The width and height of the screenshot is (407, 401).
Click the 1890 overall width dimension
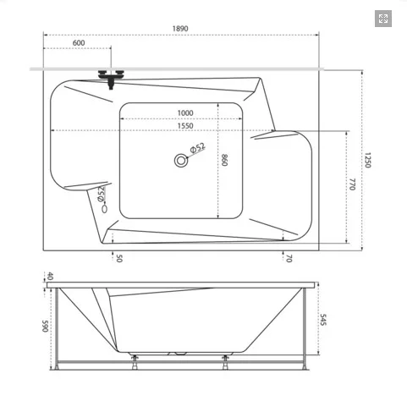click(x=180, y=29)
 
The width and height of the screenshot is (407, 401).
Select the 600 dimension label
click(x=79, y=43)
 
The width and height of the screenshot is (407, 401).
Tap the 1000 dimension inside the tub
click(x=185, y=113)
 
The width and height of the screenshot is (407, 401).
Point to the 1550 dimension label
click(x=185, y=126)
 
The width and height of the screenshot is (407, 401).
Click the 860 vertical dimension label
click(x=224, y=160)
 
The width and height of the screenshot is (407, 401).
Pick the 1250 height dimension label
click(x=367, y=160)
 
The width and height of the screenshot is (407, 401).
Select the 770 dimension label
click(x=352, y=184)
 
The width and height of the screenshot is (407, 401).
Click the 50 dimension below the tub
click(x=119, y=258)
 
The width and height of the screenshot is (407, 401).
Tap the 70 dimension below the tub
click(x=289, y=258)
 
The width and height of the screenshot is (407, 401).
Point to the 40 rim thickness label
click(x=50, y=276)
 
